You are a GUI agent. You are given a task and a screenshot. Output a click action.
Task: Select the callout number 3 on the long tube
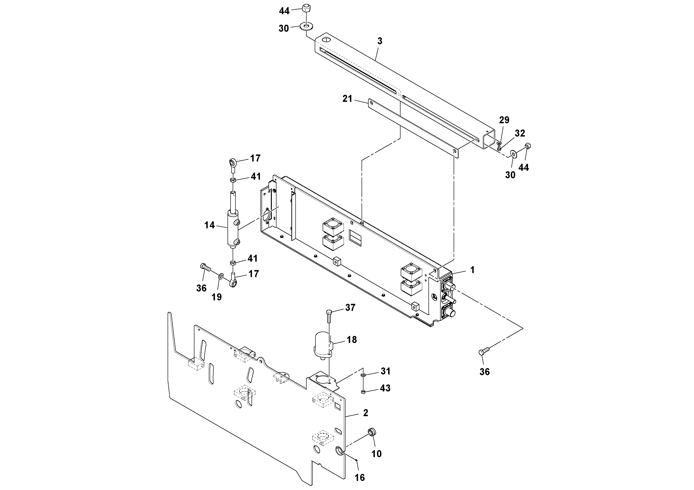[x=380, y=41]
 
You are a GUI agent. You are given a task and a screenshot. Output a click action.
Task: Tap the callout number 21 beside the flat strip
[x=347, y=99]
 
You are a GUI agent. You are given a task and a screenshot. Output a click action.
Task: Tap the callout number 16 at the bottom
[x=360, y=477]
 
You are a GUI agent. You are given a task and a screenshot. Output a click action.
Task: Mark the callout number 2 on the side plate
[x=366, y=413]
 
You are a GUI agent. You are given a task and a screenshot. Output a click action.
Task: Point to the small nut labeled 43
[x=363, y=392]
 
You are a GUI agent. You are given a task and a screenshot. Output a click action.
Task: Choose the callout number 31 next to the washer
[x=385, y=371]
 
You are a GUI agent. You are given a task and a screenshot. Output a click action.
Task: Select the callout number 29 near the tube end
[x=504, y=120]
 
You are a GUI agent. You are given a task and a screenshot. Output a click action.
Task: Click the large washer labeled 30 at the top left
[x=307, y=27]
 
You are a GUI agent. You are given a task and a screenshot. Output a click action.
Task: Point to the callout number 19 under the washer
[x=216, y=297]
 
